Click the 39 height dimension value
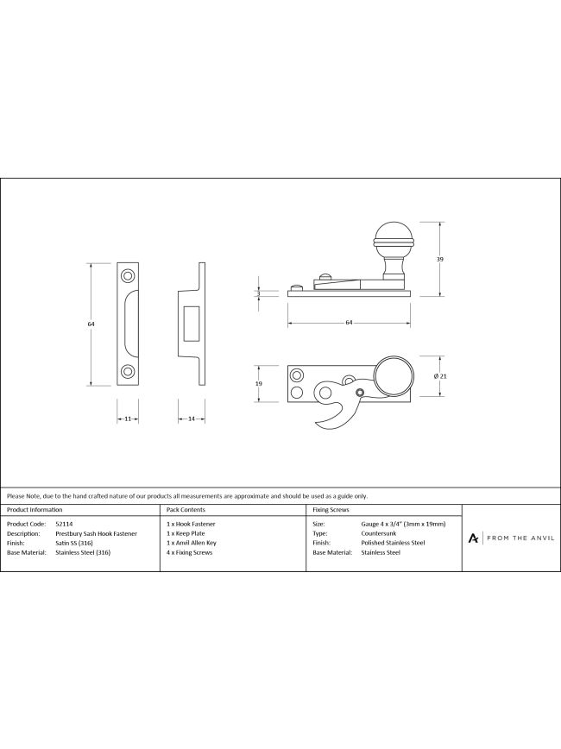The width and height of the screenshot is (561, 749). tap(439, 260)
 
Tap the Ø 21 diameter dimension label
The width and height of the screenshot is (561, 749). tap(440, 376)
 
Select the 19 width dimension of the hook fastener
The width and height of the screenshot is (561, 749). tap(259, 384)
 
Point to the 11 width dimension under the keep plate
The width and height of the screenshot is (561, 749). tap(128, 419)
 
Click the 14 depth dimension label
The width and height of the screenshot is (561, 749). tap(191, 419)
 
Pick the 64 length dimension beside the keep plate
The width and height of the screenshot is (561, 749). tap(91, 324)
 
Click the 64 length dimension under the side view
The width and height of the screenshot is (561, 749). tap(349, 323)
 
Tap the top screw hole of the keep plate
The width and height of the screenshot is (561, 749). tap(128, 276)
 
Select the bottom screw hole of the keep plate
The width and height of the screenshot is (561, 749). tap(128, 371)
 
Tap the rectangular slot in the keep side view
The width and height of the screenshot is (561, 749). tap(192, 324)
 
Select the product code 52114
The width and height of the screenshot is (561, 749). tap(65, 524)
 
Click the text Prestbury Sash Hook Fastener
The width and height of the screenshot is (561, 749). tap(97, 533)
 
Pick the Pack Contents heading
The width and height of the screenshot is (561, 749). tap(186, 510)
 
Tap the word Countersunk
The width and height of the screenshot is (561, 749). tap(379, 533)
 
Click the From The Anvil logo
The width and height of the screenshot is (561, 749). tap(511, 538)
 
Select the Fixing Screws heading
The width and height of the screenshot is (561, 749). tap(331, 510)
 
